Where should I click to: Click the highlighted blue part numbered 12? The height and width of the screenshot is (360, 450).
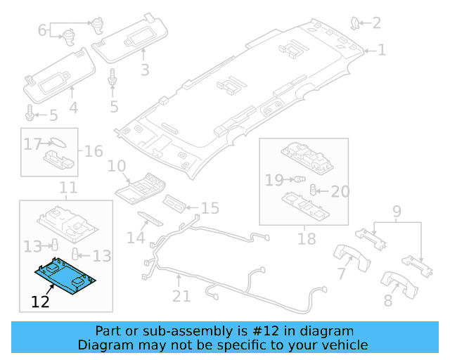pyautogui.click(x=67, y=276)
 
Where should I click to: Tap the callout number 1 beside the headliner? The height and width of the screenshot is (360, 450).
pyautogui.click(x=382, y=50)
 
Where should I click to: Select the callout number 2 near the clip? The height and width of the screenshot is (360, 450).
pyautogui.click(x=376, y=23)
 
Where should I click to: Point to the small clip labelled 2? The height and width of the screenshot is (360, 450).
pyautogui.click(x=356, y=25)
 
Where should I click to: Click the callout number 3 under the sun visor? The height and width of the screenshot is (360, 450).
pyautogui.click(x=144, y=70)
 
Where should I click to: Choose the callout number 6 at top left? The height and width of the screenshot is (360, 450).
pyautogui.click(x=41, y=30)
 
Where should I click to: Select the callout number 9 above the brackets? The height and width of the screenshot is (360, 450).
pyautogui.click(x=397, y=210)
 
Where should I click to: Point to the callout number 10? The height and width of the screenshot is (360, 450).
pyautogui.click(x=116, y=166)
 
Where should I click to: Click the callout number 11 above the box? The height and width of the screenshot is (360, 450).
pyautogui.click(x=67, y=188)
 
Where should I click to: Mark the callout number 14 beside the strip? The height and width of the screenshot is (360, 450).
pyautogui.click(x=136, y=238)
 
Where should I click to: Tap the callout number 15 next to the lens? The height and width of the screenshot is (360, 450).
pyautogui.click(x=210, y=208)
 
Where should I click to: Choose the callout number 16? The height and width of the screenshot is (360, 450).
pyautogui.click(x=94, y=151)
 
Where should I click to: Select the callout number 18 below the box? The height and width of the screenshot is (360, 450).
pyautogui.click(x=307, y=239)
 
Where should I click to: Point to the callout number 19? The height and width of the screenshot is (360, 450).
pyautogui.click(x=274, y=181)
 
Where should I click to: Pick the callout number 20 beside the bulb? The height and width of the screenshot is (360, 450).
pyautogui.click(x=340, y=191)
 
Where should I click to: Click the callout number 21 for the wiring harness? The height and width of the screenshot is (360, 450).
pyautogui.click(x=181, y=296)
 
